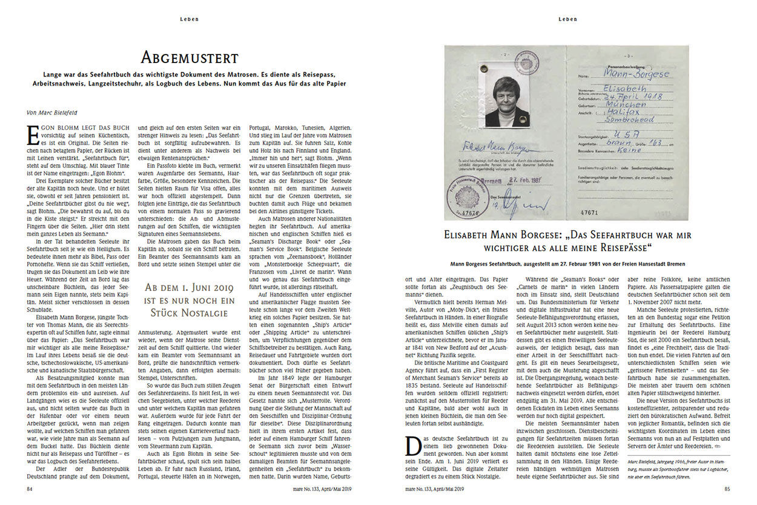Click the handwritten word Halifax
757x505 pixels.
pos(618,112)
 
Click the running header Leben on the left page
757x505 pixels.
pos(189,19)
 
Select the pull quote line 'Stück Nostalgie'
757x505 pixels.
pos(190,313)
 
